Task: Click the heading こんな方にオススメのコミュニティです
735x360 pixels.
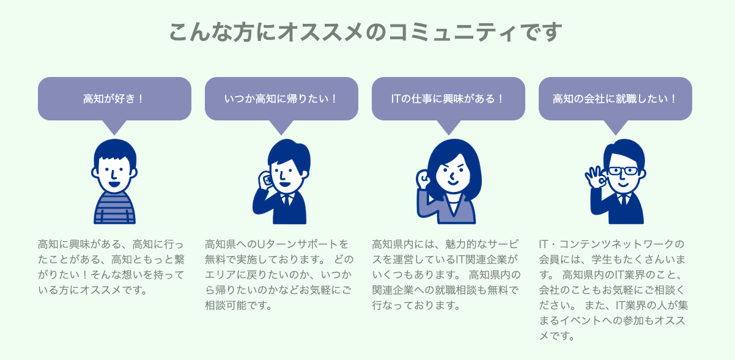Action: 366,32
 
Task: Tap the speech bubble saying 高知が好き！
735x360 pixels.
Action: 114,98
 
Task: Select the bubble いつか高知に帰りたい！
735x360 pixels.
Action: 281,98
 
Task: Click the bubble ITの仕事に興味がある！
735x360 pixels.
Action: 448,98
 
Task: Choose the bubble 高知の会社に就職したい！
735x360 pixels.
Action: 615,98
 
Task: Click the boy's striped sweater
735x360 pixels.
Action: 114,208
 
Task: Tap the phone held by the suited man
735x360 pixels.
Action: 267,180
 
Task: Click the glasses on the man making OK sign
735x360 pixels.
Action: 622,171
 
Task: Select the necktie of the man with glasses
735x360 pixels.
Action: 624,200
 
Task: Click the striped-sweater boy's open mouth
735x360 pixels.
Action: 114,184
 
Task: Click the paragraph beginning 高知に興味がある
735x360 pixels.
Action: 111,267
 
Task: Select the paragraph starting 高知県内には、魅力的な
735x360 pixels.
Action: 446,275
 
